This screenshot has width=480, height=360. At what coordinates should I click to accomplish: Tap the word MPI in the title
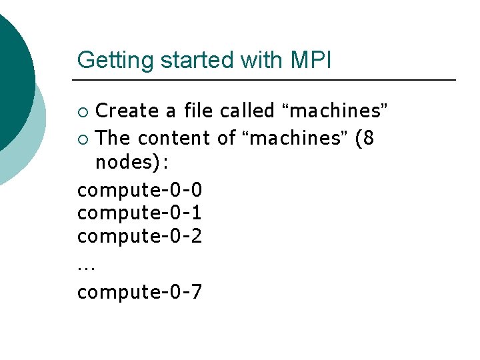point(311,60)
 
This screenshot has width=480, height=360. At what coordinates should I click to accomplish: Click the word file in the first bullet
point(199,110)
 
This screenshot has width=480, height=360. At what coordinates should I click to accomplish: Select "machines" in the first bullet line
point(335,110)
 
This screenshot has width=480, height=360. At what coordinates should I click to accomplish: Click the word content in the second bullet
point(175,138)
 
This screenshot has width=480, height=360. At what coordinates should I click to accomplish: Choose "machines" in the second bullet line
point(295,138)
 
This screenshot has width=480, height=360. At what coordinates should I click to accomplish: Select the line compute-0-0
point(140,190)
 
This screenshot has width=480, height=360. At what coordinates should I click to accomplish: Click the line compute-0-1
point(140,213)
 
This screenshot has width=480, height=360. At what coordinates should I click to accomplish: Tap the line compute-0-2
point(140,236)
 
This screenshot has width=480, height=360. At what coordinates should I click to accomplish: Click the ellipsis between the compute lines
point(86,268)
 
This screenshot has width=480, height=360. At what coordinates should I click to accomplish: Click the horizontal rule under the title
point(267,80)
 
